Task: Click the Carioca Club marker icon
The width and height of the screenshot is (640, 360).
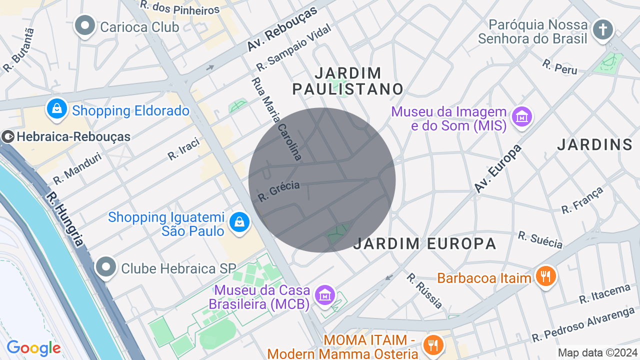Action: (x=85, y=25)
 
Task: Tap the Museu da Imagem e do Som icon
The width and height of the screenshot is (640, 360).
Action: (x=522, y=117)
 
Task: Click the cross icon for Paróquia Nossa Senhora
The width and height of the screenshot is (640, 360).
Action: (x=603, y=29)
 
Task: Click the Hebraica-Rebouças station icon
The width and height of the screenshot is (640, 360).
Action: (x=8, y=136)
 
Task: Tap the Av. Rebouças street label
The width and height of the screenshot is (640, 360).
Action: (x=282, y=29)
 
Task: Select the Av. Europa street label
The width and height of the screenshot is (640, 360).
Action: (x=498, y=168)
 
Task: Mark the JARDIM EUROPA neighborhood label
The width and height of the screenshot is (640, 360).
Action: (x=424, y=243)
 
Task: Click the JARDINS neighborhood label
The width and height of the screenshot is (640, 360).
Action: (x=594, y=144)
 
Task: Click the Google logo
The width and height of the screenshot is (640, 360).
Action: (x=33, y=348)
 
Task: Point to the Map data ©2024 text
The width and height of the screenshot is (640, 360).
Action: (x=597, y=352)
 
